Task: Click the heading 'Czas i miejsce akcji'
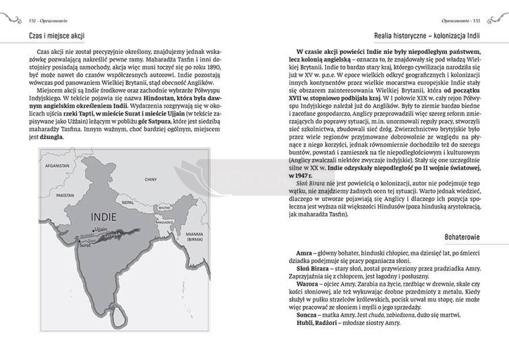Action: pos(57,34)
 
